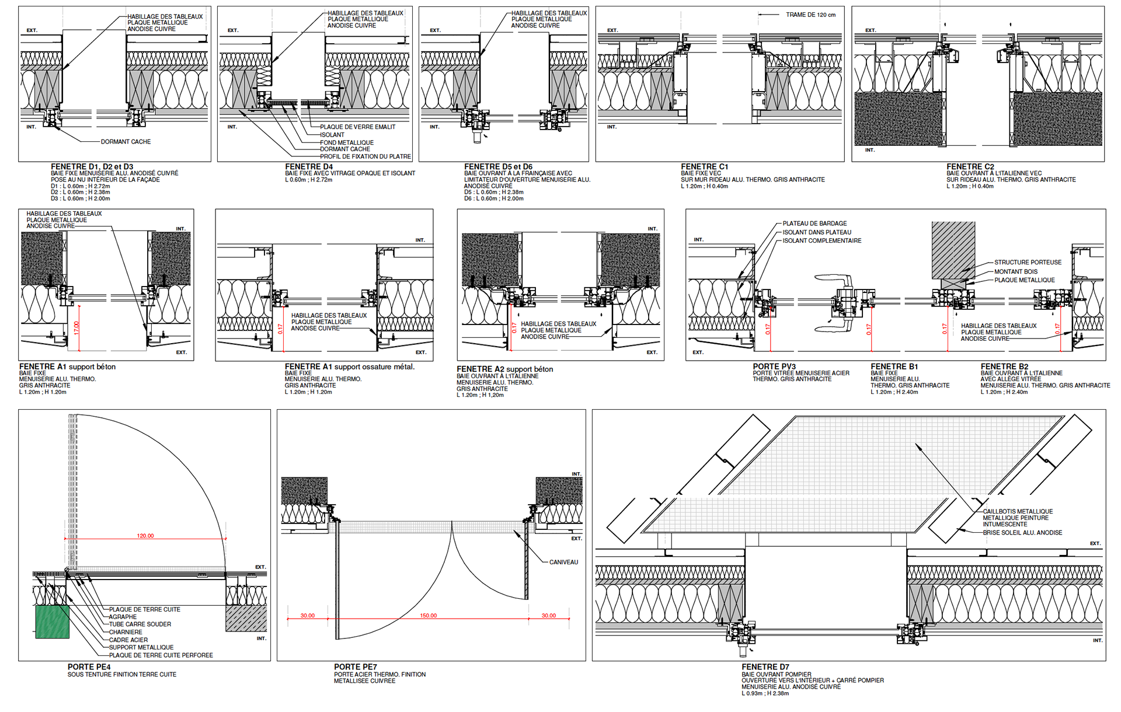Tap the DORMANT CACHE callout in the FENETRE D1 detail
tap(126, 142)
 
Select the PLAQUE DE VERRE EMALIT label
tap(357, 127)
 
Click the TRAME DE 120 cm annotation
tap(810, 15)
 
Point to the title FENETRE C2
tap(970, 167)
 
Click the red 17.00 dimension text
tap(76, 328)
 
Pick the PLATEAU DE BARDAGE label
tap(814, 224)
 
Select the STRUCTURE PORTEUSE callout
tap(1028, 263)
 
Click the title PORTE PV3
tap(774, 367)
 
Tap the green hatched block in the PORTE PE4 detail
tap(53, 622)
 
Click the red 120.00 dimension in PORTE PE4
tap(145, 536)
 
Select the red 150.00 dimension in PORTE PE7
tap(428, 616)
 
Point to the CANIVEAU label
tap(563, 563)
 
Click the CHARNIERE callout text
tap(126, 632)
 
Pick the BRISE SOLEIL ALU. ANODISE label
tap(1022, 533)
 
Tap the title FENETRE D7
tap(765, 667)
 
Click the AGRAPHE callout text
tap(123, 617)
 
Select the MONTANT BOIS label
tap(1016, 271)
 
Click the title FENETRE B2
tap(1004, 367)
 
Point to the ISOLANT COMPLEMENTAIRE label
tap(821, 241)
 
